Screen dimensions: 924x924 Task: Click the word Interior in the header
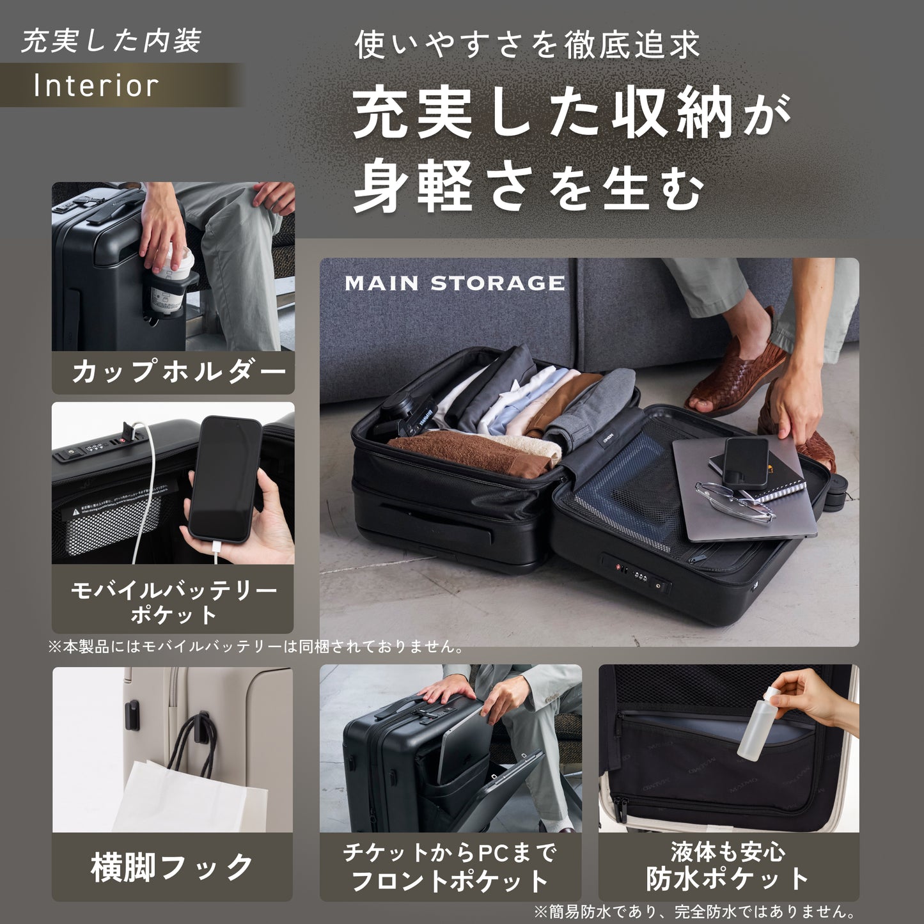[x=96, y=86]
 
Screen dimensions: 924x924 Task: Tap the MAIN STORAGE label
[x=455, y=283]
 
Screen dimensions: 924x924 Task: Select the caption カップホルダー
[x=178, y=372]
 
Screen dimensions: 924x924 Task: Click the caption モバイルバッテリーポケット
[x=173, y=602]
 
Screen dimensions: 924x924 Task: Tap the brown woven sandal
[x=739, y=377]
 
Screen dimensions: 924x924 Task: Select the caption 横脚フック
[x=172, y=867]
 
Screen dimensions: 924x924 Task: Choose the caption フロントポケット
[x=450, y=881]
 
